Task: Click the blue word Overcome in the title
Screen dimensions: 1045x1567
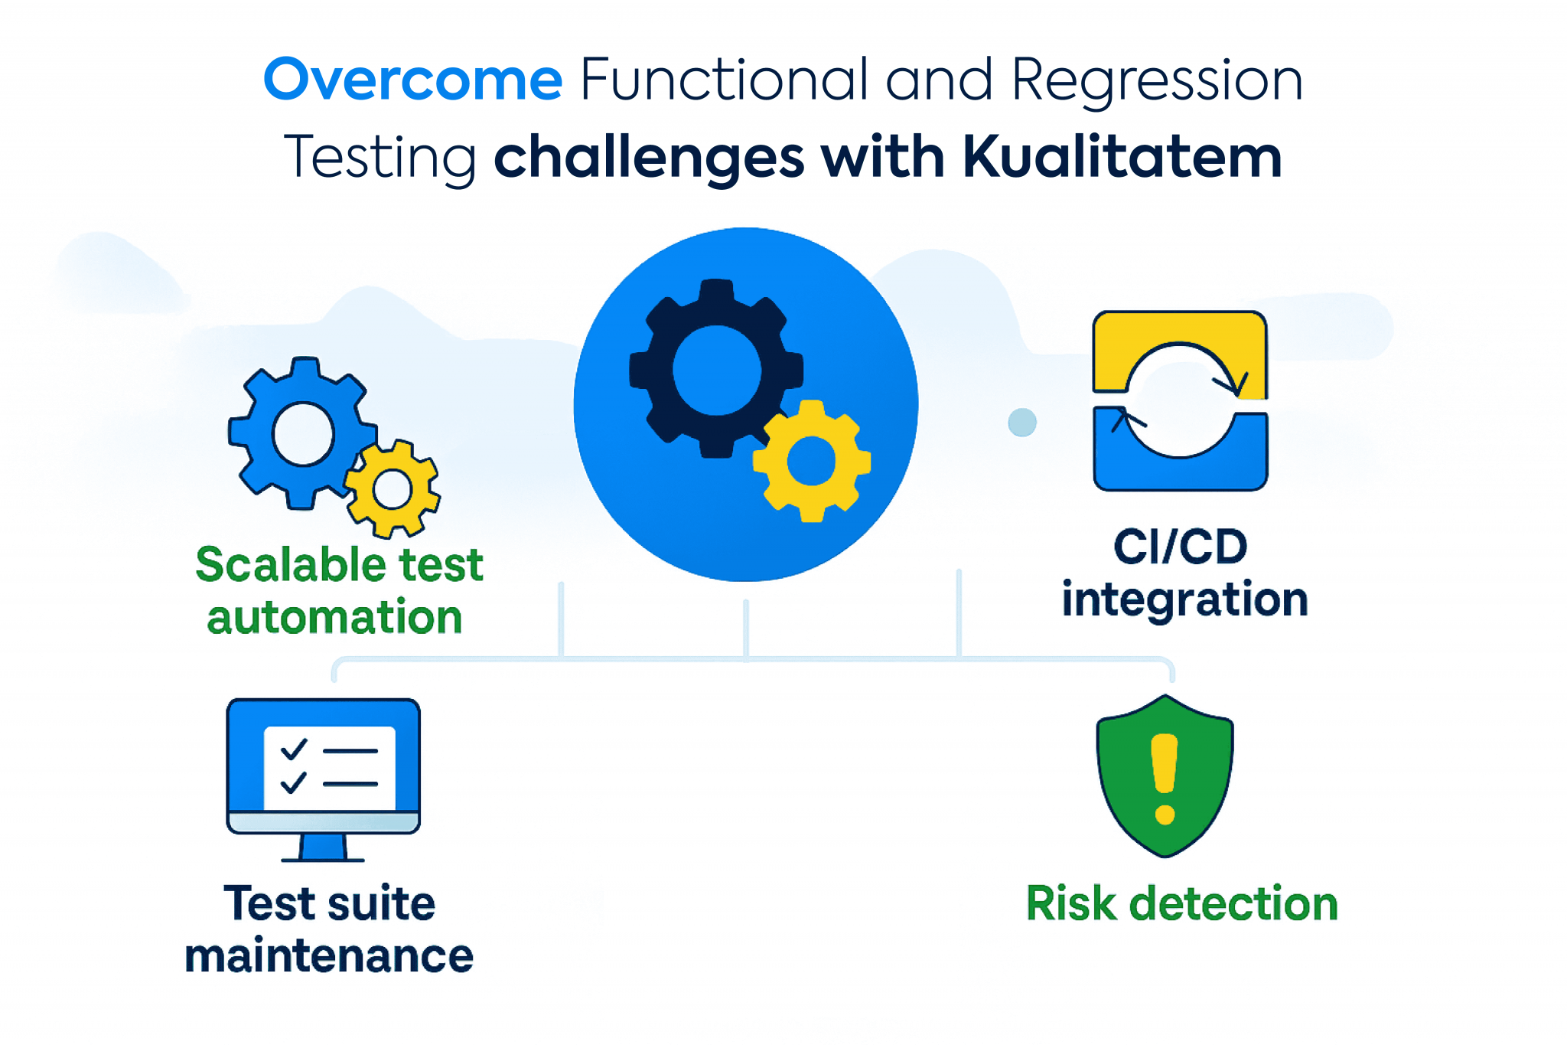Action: (x=413, y=80)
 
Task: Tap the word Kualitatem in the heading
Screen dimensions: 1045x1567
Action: (x=1122, y=157)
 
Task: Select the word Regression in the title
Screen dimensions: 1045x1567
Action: (x=1157, y=81)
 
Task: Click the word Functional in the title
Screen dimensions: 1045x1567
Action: (x=724, y=80)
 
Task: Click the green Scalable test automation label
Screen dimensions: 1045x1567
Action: (x=338, y=590)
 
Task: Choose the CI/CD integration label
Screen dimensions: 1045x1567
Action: (x=1184, y=573)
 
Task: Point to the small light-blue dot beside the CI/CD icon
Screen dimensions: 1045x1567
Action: (x=1022, y=422)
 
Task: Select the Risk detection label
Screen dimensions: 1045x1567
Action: (x=1181, y=903)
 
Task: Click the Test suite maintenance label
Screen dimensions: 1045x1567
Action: (x=329, y=929)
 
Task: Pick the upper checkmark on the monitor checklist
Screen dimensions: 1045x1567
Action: (x=294, y=749)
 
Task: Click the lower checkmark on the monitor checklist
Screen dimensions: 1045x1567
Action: (x=293, y=782)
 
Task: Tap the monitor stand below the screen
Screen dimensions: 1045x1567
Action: (x=323, y=848)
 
